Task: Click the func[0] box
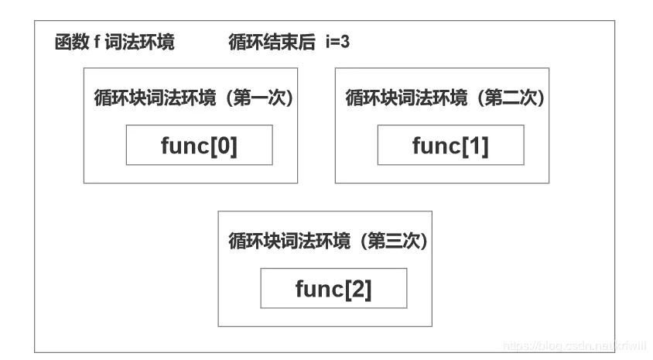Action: coord(199,145)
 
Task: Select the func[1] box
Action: coord(450,145)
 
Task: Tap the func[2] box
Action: coord(333,288)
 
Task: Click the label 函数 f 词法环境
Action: coord(115,43)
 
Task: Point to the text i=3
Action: coord(337,43)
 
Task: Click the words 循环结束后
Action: coord(272,43)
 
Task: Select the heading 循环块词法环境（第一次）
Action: coord(192,98)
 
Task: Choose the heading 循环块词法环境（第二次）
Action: coord(444,98)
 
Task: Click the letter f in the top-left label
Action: coord(97,43)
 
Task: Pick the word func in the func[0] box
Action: coord(185,146)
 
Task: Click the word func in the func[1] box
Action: coord(436,146)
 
